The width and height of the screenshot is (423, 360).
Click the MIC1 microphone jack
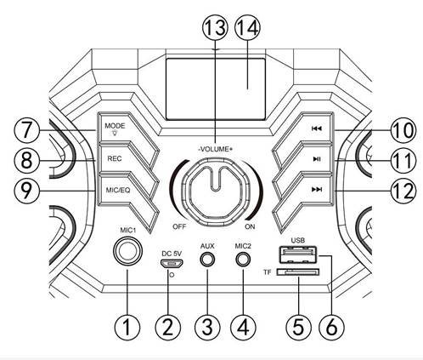click(127, 251)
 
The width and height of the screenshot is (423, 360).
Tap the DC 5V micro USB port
click(172, 264)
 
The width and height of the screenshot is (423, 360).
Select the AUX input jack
click(207, 260)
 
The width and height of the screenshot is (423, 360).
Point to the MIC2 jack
click(243, 260)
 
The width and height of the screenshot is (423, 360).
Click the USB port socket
click(297, 254)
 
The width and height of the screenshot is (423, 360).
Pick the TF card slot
click(298, 272)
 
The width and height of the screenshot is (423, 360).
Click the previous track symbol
click(317, 129)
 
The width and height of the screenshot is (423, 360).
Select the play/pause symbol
click(317, 159)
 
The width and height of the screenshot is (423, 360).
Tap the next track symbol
click(317, 189)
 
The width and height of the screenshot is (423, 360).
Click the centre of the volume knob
click(216, 192)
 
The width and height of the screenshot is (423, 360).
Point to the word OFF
click(179, 226)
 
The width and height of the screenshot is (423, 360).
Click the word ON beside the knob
click(250, 226)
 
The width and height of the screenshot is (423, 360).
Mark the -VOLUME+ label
click(216, 149)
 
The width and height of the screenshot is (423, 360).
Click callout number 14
click(247, 28)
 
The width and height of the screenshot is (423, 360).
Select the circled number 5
click(298, 327)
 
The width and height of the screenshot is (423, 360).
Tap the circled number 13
click(215, 28)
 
